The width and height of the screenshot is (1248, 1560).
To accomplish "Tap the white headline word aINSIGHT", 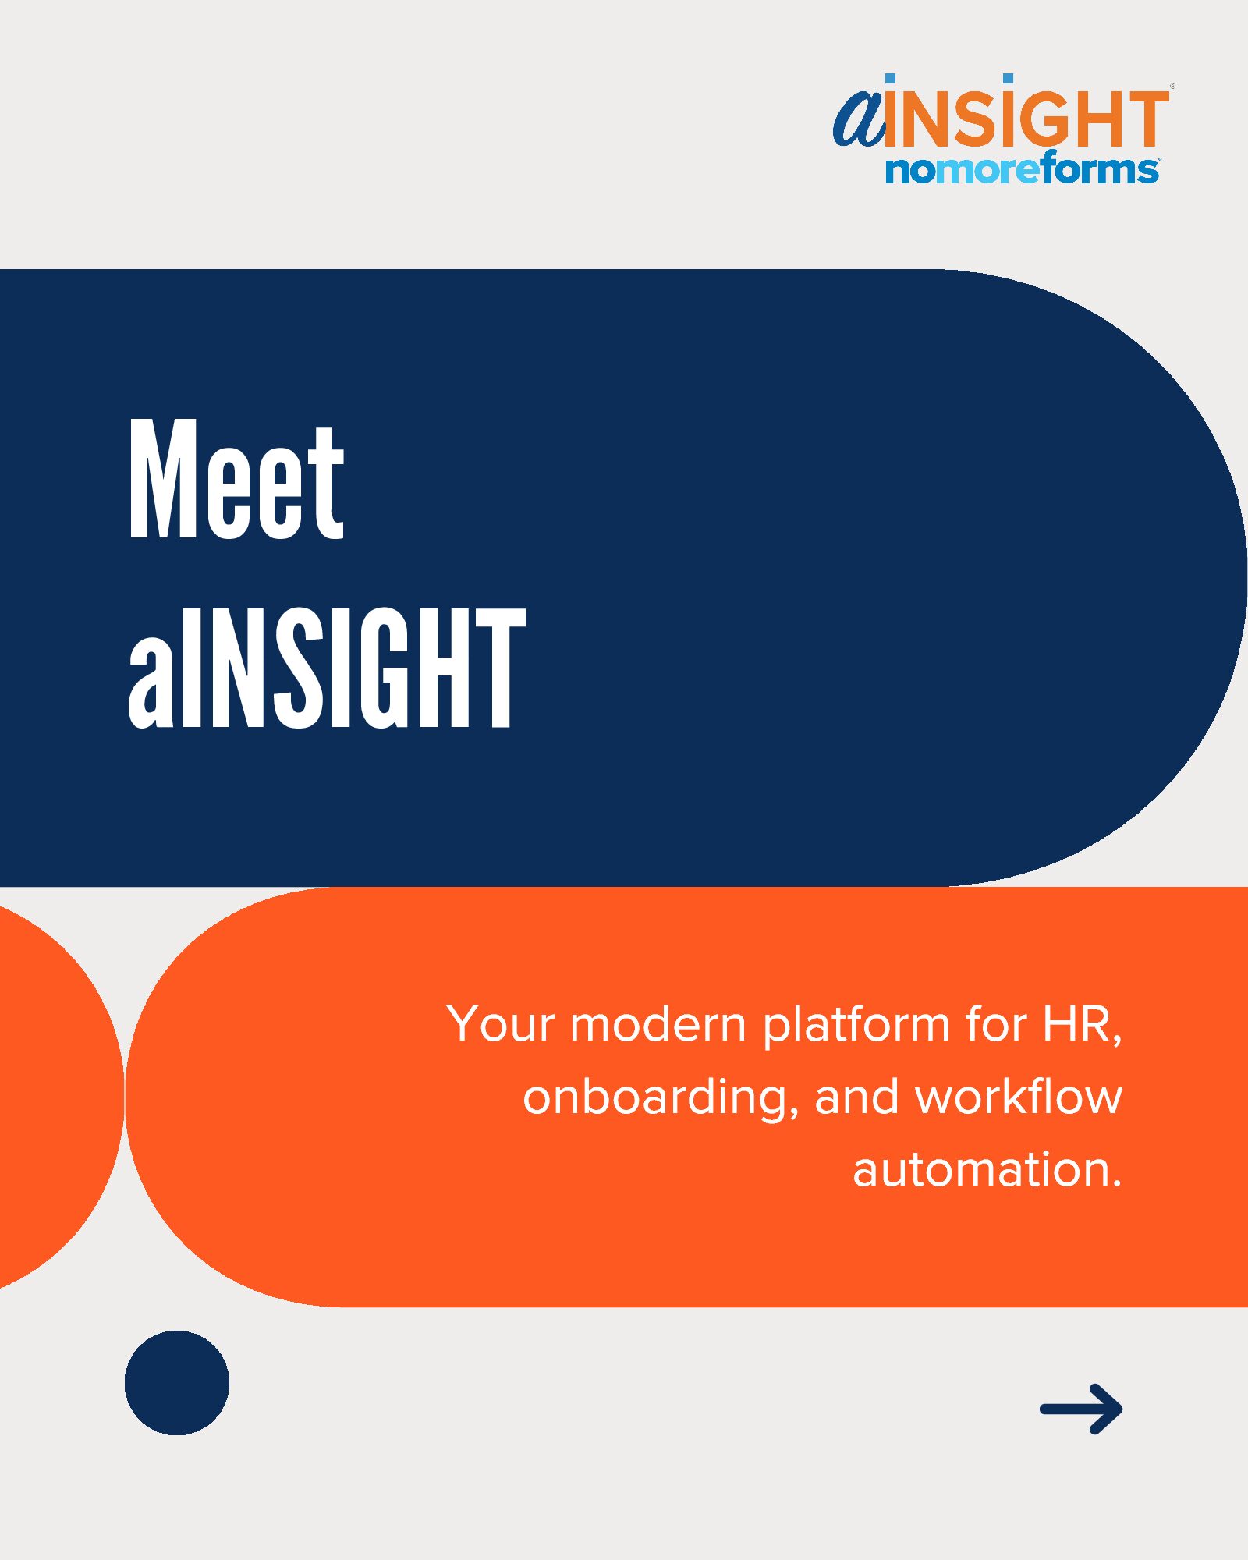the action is click(x=327, y=668).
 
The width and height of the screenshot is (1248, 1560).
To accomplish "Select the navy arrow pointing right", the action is click(x=1081, y=1409).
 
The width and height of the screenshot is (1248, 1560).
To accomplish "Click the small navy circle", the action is click(x=177, y=1383).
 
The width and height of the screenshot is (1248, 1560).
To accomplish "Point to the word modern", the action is click(x=658, y=1024).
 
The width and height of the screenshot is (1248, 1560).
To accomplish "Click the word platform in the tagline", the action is click(x=856, y=1026).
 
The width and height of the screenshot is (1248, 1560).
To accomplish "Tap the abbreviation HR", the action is click(x=1082, y=1025).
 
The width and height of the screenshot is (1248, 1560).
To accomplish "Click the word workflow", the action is click(x=1019, y=1096).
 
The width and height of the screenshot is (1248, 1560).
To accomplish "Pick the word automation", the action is click(x=987, y=1170).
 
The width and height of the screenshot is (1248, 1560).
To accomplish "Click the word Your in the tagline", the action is click(x=501, y=1024).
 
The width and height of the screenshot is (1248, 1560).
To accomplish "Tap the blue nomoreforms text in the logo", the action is click(x=1022, y=168).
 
